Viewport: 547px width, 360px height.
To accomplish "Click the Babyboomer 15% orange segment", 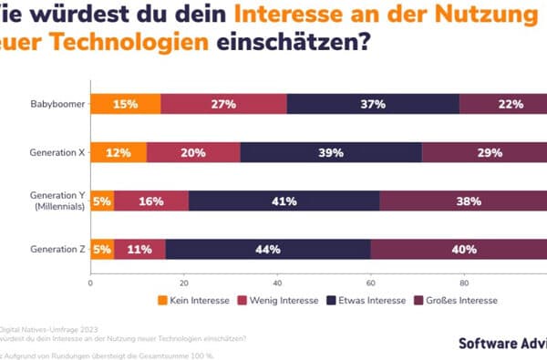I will coord(125,104).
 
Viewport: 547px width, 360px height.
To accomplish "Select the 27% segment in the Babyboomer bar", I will coord(223,104).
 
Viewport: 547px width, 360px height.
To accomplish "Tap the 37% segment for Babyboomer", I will coord(372,104).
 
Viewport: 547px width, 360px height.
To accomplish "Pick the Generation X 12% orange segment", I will coord(119,152).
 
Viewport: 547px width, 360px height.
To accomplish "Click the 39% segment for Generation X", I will coord(330,152).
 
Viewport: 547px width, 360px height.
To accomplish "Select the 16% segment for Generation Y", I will coord(151,201).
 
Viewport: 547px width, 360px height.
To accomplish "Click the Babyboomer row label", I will coord(56,104).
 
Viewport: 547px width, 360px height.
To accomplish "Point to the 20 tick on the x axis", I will coord(183,283).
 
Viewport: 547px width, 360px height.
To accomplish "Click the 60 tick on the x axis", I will coord(370,283).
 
